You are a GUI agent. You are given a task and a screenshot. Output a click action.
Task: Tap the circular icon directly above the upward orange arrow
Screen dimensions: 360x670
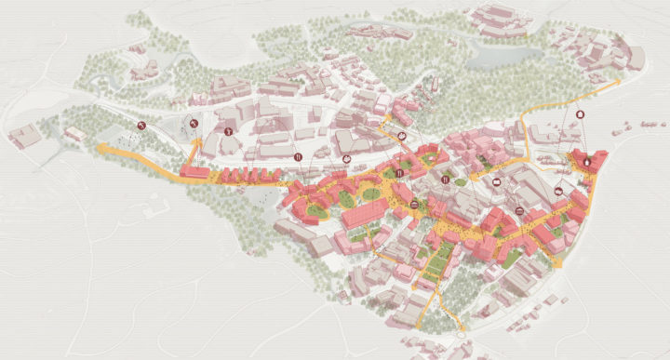coord(194,122)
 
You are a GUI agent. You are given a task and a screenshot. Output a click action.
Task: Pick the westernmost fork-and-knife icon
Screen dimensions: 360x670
coord(298,159)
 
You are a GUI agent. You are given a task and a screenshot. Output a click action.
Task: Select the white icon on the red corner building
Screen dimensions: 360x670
coord(586,163)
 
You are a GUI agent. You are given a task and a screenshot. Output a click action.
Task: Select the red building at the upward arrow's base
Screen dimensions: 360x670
coord(195,171)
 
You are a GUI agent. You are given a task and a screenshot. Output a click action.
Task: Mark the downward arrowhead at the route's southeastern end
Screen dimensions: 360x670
coord(558,265)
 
